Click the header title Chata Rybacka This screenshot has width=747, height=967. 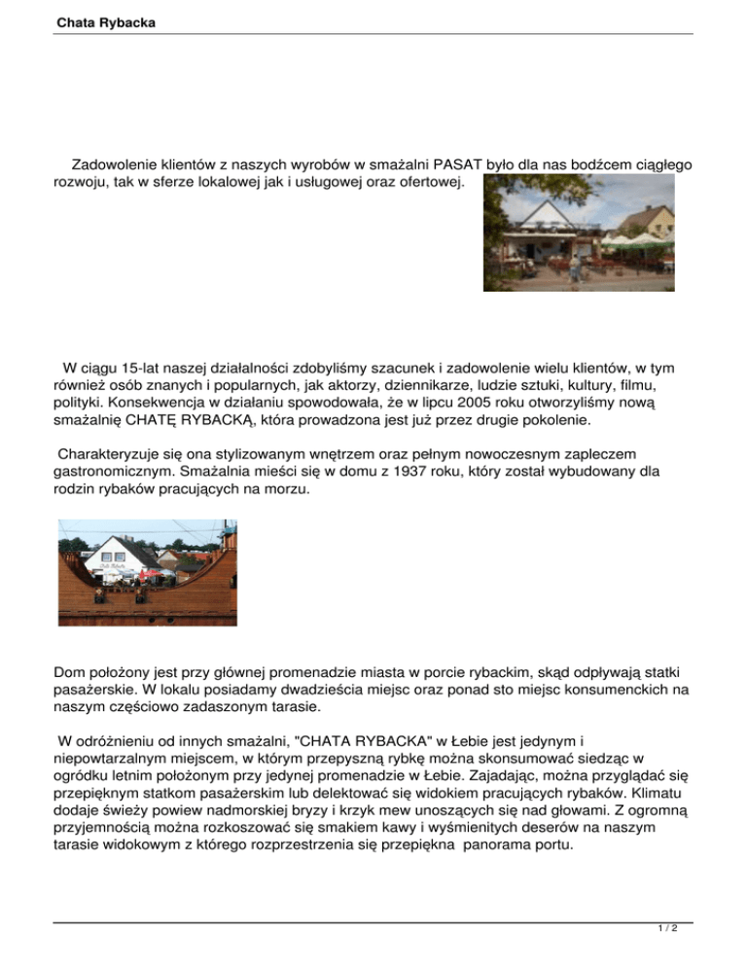(x=98, y=20)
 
